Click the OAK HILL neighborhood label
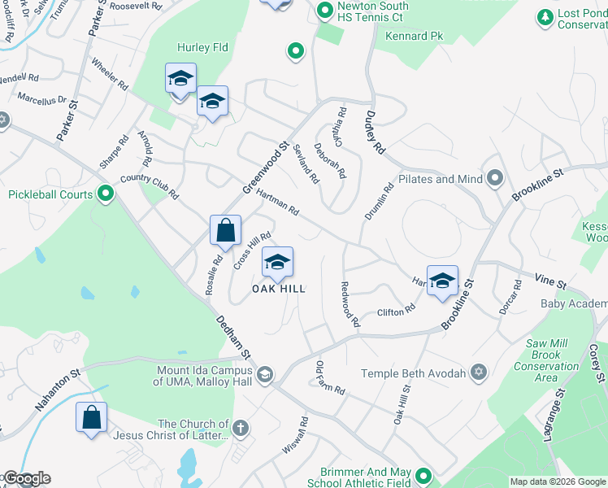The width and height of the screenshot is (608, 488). click(278, 289)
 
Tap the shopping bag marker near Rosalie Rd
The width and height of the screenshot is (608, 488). click(225, 230)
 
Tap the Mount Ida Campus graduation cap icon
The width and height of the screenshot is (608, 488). click(264, 374)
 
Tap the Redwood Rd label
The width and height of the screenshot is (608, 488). click(348, 304)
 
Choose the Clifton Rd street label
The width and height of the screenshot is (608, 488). click(396, 311)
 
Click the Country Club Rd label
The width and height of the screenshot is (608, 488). click(149, 186)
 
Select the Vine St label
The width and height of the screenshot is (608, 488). click(550, 281)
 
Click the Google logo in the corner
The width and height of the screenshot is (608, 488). click(26, 478)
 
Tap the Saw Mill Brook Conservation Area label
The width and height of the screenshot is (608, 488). click(546, 360)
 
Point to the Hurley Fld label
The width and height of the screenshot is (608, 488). click(203, 48)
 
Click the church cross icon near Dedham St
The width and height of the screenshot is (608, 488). click(240, 428)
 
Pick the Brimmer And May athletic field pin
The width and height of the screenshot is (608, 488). click(422, 476)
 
